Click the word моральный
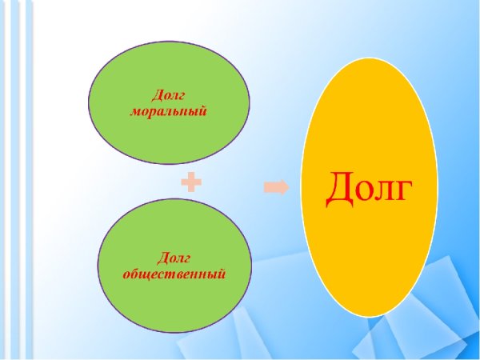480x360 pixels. pyautogui.click(x=169, y=111)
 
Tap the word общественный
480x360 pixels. pyautogui.click(x=174, y=274)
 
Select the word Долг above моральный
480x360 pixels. pyautogui.click(x=169, y=97)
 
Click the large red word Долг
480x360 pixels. pyautogui.click(x=369, y=189)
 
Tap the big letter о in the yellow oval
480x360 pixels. pyautogui.click(x=365, y=194)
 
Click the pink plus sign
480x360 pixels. pyautogui.click(x=191, y=184)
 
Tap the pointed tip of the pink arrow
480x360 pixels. pyautogui.click(x=289, y=187)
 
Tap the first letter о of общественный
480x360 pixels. pyautogui.click(x=126, y=274)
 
